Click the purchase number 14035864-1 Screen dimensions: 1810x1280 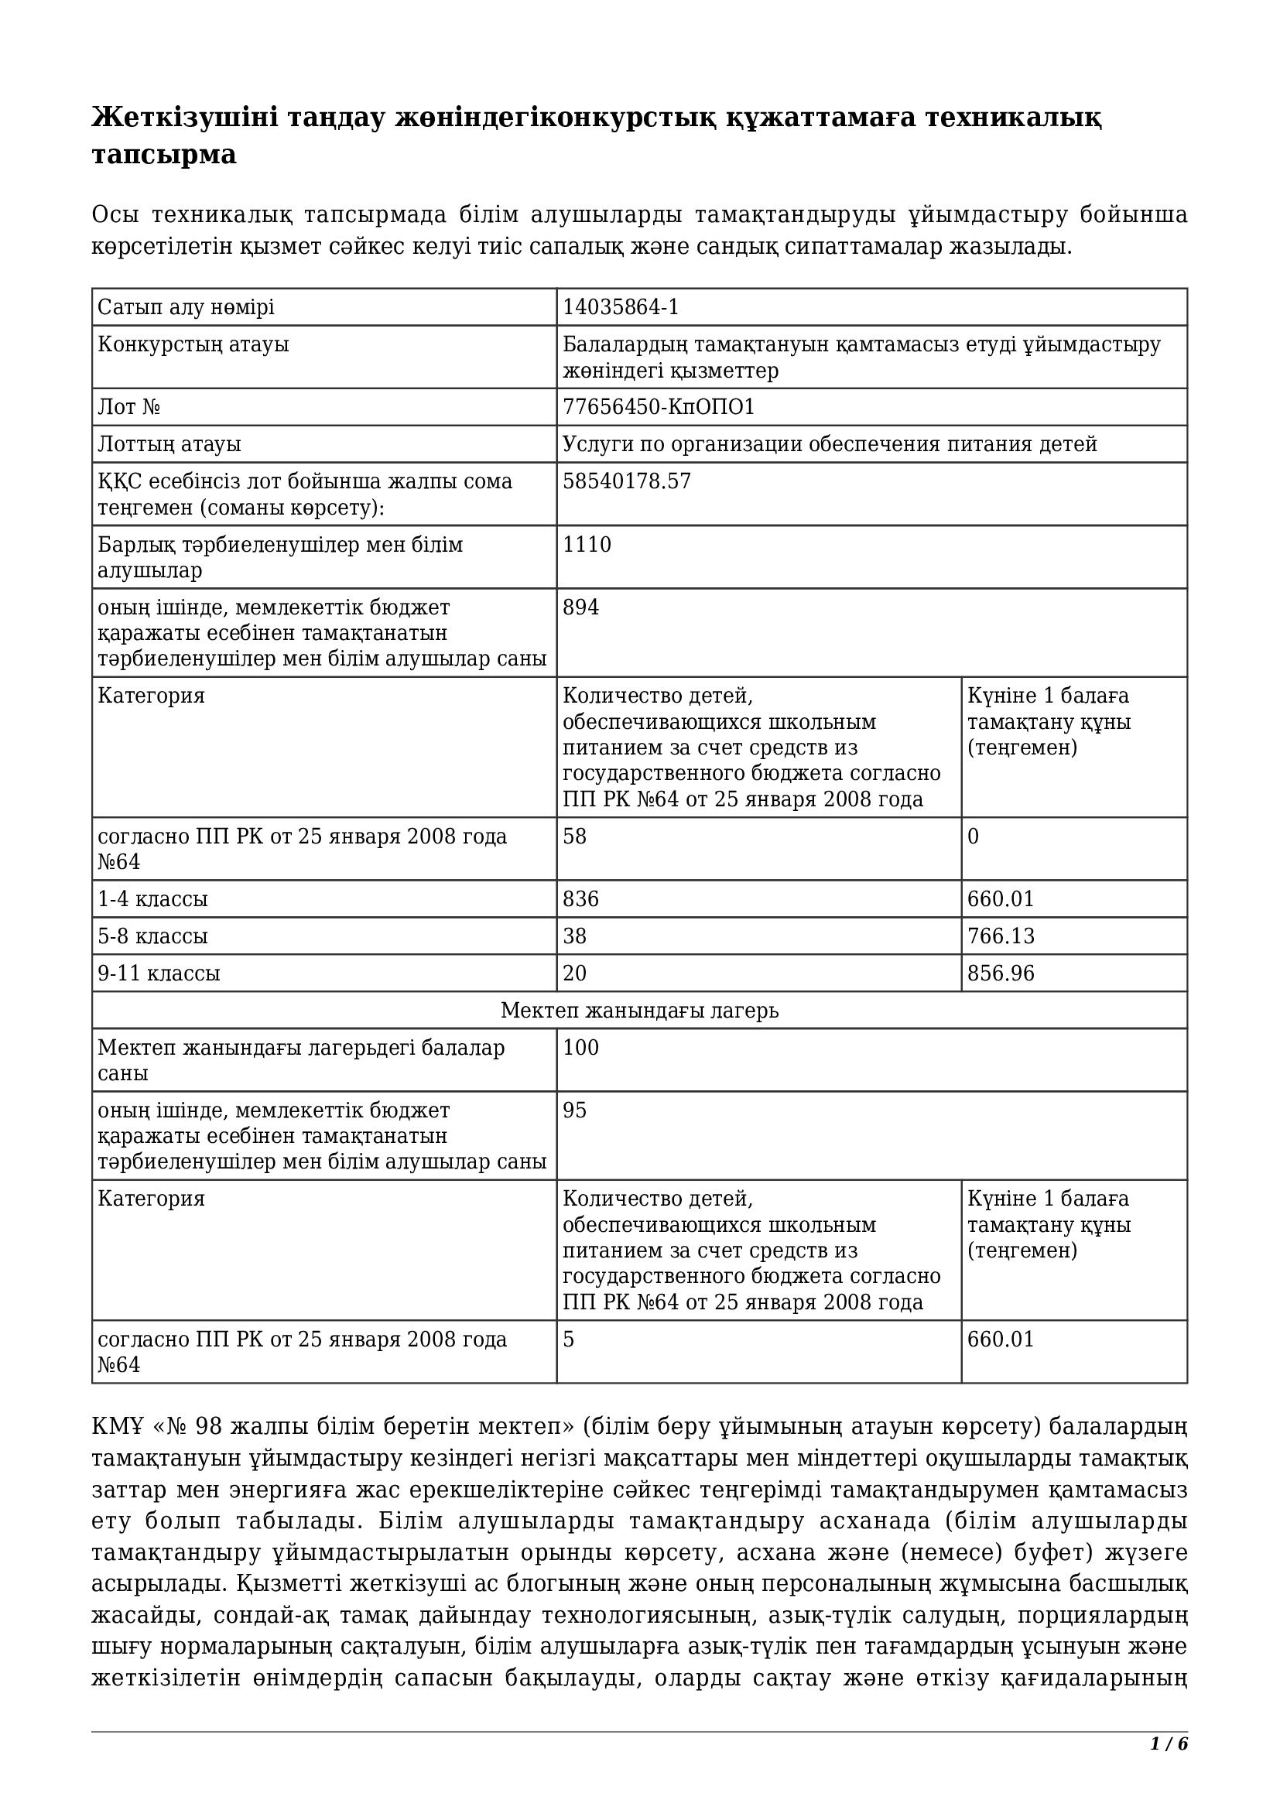(621, 306)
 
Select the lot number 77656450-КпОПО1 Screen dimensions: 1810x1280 (658, 407)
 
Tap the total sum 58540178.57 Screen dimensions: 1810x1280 (627, 481)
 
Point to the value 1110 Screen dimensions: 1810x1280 (587, 545)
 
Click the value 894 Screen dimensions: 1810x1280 (580, 607)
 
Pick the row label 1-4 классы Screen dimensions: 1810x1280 (152, 898)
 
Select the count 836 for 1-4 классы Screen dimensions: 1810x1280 (580, 898)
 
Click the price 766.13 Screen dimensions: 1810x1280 (1000, 936)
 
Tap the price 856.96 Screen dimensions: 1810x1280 (1000, 973)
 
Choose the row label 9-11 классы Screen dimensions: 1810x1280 (159, 973)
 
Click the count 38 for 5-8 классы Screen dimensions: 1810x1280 (573, 936)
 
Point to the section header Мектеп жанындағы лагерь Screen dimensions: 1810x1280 (639, 1010)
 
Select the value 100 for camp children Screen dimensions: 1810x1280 (580, 1048)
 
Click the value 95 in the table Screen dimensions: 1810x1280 (573, 1110)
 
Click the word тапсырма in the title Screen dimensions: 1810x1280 (164, 155)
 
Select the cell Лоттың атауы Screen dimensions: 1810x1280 (169, 444)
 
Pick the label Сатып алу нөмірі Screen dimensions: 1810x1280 (185, 306)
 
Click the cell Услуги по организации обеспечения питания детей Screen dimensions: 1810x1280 (829, 444)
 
